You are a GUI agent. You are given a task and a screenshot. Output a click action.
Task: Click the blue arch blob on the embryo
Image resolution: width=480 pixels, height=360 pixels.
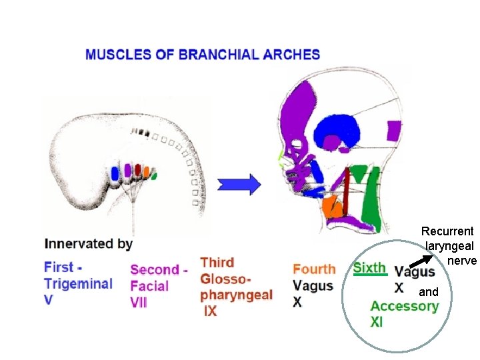[114, 174]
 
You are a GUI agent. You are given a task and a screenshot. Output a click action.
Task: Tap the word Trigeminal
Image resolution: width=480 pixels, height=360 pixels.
[78, 284]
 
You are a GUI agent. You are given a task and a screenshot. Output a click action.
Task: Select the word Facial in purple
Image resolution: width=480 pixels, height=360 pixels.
[149, 286]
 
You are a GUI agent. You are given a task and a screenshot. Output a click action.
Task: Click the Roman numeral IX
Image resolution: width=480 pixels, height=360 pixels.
[210, 311]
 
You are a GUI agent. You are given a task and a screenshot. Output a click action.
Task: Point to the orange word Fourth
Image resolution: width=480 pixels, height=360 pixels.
[314, 269]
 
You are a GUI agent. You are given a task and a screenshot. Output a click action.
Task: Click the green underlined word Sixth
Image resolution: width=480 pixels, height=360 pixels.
[369, 268]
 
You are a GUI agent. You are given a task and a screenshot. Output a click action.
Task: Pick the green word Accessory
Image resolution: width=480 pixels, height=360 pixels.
[405, 306]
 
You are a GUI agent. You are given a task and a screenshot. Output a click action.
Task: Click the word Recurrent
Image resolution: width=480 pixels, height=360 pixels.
[447, 231]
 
